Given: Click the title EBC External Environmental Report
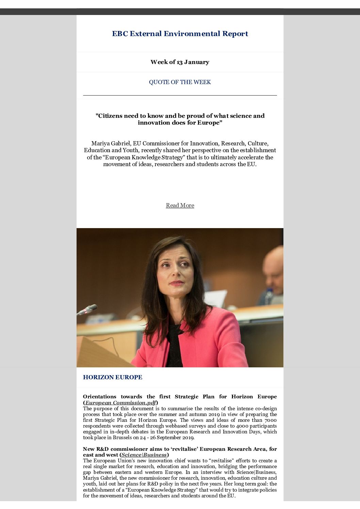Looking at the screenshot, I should click(180, 34).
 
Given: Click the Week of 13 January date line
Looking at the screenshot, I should click(180, 62).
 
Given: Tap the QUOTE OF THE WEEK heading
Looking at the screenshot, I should click(180, 82).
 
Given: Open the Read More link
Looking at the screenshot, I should click(180, 205).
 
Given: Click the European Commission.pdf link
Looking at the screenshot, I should click(120, 402).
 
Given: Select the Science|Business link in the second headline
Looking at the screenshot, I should click(144, 455).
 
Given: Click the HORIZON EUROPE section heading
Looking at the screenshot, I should click(113, 377).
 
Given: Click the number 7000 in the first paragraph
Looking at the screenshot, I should click(270, 420).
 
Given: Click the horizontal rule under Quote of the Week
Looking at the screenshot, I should click(180, 95).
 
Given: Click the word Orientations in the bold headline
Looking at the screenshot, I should click(100, 397).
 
